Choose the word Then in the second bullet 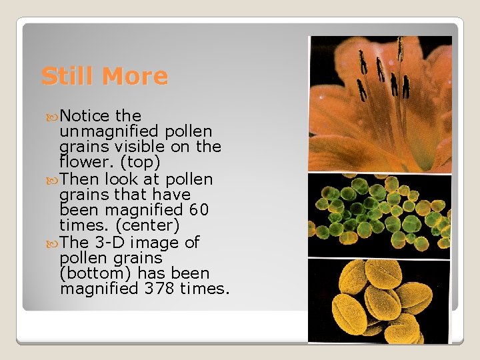click(x=78, y=179)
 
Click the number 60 click(x=199, y=210)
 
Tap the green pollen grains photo click(x=380, y=214)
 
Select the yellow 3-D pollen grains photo click(x=380, y=300)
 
